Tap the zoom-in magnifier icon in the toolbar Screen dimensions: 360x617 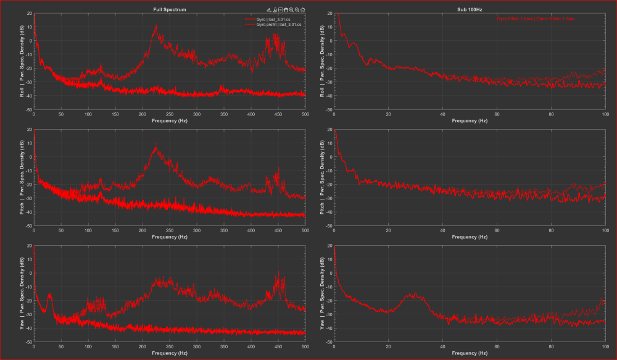coord(291,10)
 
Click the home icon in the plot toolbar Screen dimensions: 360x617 coord(303,10)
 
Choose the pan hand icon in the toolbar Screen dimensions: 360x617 coord(286,10)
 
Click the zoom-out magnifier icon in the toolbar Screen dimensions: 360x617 coord(297,10)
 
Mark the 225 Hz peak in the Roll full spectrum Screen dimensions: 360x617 coord(156,27)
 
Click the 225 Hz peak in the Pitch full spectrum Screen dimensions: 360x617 coord(156,146)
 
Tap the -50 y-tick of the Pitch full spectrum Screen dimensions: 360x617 coord(28,226)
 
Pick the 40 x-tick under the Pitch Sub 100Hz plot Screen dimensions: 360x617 coord(442,230)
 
